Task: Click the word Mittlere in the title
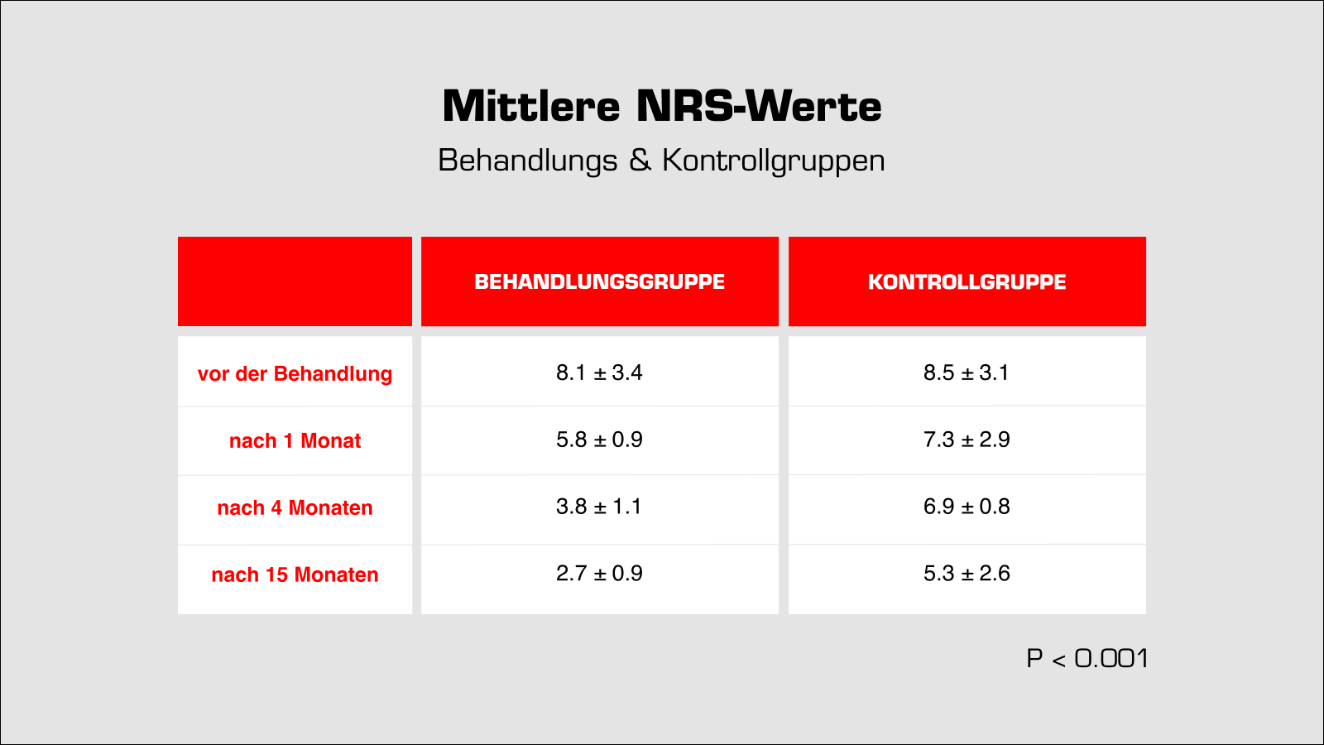click(531, 107)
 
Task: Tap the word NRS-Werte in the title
click(759, 107)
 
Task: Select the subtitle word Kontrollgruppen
click(774, 161)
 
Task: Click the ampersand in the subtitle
click(640, 160)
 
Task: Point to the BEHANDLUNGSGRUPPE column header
click(599, 282)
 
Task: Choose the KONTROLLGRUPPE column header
click(967, 282)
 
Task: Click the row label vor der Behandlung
click(295, 374)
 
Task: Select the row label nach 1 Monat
click(295, 441)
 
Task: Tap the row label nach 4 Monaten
click(295, 508)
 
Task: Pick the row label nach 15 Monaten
click(295, 575)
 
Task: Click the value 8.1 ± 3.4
click(599, 373)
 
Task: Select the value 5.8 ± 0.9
click(599, 440)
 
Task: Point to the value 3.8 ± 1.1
click(599, 507)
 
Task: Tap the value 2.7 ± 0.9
click(599, 574)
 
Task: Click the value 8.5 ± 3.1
click(967, 373)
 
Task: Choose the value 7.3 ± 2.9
click(967, 440)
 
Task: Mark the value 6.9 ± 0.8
click(967, 507)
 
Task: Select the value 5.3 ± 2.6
click(967, 574)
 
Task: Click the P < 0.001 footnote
click(1087, 659)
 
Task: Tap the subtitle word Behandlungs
click(528, 161)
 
